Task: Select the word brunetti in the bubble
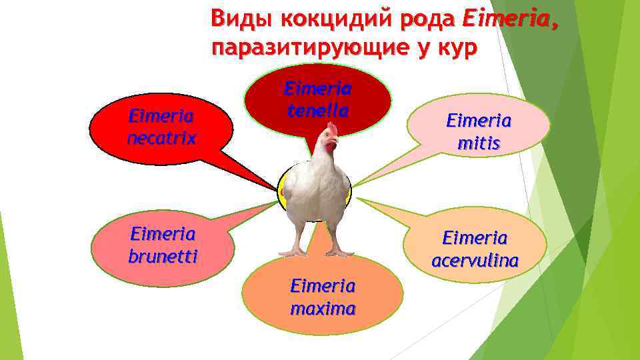pos(163,256)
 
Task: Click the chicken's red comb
pos(331,129)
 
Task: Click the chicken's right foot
pos(339,253)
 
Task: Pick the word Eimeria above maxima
pos(323,286)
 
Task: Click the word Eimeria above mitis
pos(479,121)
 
